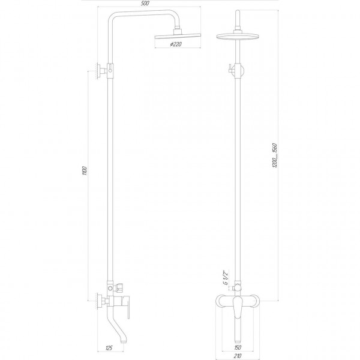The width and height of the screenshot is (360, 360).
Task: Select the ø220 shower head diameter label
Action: tap(176, 44)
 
